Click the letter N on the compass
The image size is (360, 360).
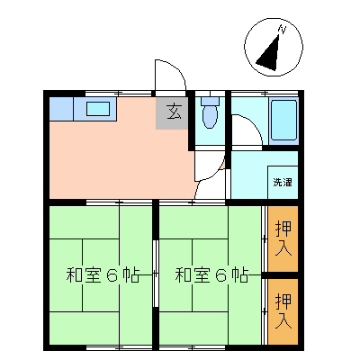click(282, 30)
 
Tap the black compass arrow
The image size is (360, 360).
click(268, 57)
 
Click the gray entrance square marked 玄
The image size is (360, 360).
click(172, 112)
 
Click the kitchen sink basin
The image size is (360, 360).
click(97, 109)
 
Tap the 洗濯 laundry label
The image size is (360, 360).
click(283, 183)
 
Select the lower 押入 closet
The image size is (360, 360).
click(283, 310)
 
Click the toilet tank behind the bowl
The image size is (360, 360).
click(210, 101)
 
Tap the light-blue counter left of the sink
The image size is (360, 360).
click(66, 109)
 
